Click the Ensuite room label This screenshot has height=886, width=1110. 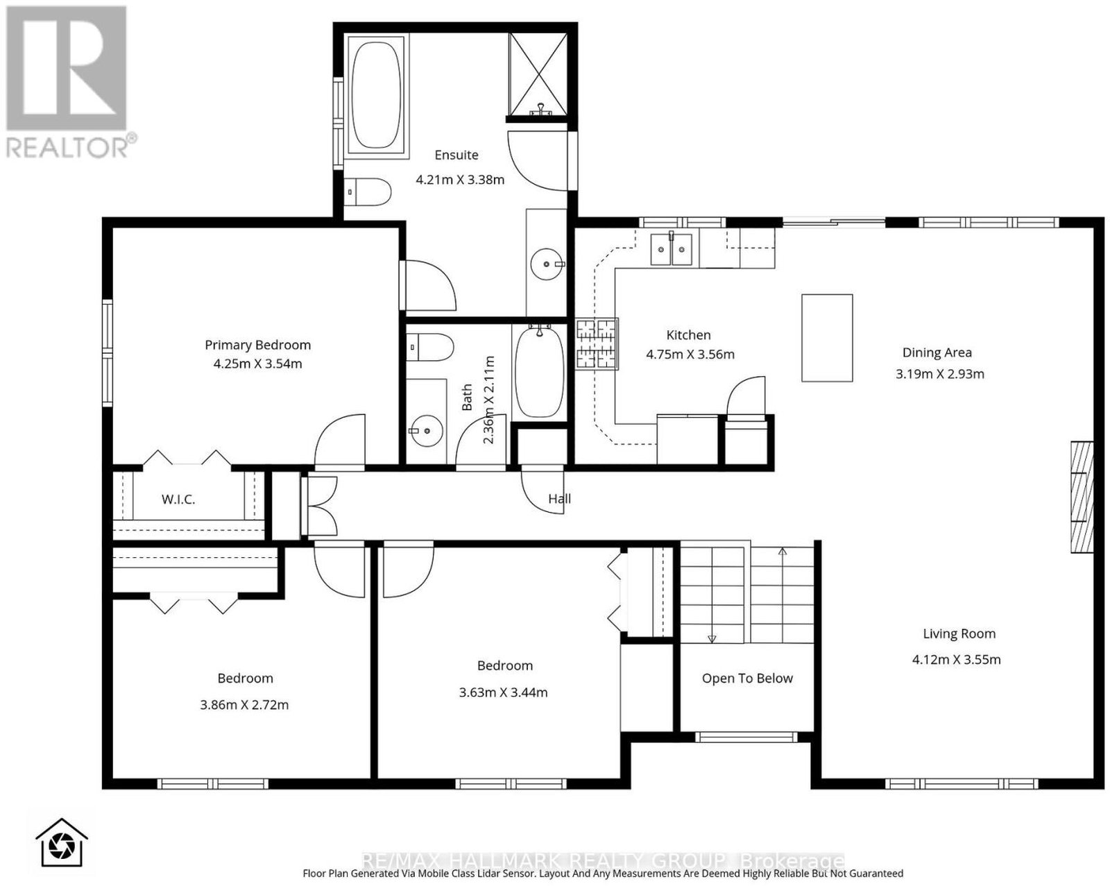pyautogui.click(x=456, y=155)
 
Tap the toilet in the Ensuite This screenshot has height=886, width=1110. pyautogui.click(x=367, y=191)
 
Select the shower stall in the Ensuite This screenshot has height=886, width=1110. pyautogui.click(x=538, y=75)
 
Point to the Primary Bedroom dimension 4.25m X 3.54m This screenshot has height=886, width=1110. pyautogui.click(x=258, y=364)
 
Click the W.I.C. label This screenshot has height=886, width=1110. pyautogui.click(x=178, y=500)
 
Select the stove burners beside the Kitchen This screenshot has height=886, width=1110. pyautogui.click(x=597, y=343)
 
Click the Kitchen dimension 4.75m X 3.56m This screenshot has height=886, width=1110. pyautogui.click(x=690, y=355)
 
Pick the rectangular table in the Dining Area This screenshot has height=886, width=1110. pyautogui.click(x=827, y=338)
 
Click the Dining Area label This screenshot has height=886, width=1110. pyautogui.click(x=937, y=352)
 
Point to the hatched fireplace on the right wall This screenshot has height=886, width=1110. pyautogui.click(x=1082, y=497)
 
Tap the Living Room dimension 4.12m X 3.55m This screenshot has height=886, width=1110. pyautogui.click(x=957, y=659)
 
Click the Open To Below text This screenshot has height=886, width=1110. pyautogui.click(x=747, y=678)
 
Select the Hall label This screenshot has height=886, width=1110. pyautogui.click(x=560, y=498)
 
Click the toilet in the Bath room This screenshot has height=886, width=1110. pyautogui.click(x=429, y=347)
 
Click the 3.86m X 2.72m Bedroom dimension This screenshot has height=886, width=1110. pyautogui.click(x=244, y=705)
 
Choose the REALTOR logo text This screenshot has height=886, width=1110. pyautogui.click(x=68, y=147)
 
